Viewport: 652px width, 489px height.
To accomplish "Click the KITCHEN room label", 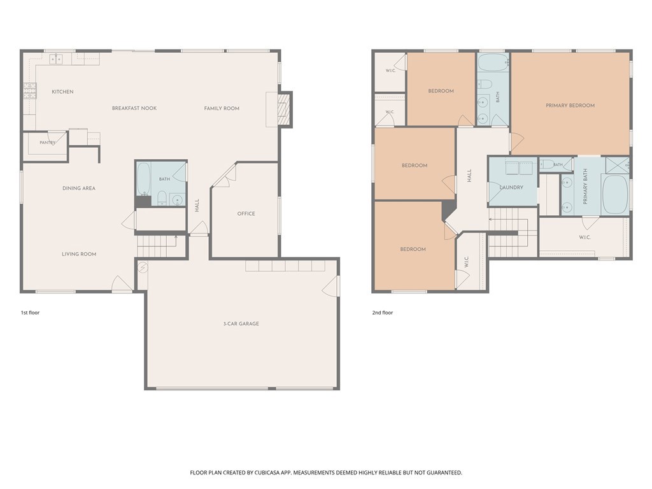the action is click(x=62, y=92).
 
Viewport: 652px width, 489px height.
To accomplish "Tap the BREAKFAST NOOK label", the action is click(x=134, y=108).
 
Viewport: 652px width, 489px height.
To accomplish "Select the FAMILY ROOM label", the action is click(x=222, y=108).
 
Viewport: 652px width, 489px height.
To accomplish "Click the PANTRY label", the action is click(x=47, y=143).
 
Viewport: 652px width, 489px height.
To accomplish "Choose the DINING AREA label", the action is click(x=79, y=188).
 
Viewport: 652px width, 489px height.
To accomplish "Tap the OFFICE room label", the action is click(x=246, y=213).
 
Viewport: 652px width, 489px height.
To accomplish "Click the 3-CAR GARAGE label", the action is click(x=241, y=323).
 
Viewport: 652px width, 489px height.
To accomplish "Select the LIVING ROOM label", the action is click(x=79, y=254).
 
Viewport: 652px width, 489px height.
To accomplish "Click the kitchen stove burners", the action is click(x=30, y=90).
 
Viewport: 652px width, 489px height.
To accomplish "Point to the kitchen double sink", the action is click(x=56, y=59).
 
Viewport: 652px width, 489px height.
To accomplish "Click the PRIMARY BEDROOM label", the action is click(x=570, y=106).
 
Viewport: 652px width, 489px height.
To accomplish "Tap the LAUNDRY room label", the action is click(x=511, y=188).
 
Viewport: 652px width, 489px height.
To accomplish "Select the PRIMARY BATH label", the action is click(x=586, y=187).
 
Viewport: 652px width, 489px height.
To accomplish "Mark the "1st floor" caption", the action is click(x=31, y=313).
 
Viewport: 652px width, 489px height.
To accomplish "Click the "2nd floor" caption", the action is click(x=383, y=313).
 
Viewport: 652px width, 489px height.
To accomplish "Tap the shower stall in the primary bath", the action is click(x=617, y=165).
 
